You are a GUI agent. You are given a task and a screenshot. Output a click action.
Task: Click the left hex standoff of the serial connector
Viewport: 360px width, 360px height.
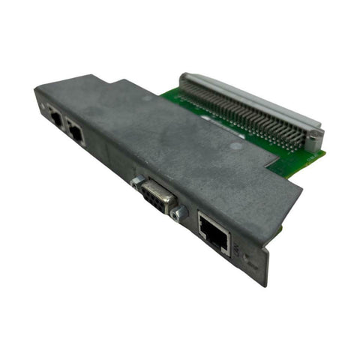136,181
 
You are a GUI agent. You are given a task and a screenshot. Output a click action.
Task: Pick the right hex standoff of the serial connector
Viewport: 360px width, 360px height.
178,214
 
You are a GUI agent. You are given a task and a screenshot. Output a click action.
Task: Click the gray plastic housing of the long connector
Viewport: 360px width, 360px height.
247,101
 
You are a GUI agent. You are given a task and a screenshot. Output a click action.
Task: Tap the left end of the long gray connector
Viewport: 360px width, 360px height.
184,78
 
